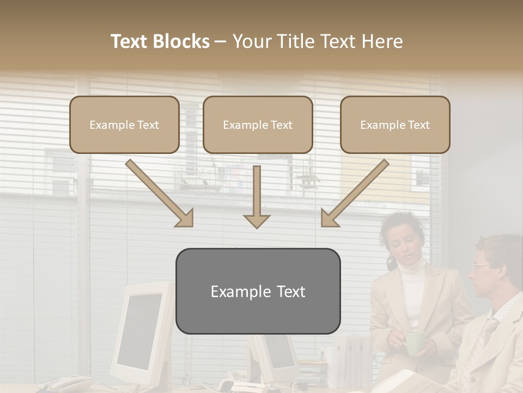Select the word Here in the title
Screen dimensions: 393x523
click(x=382, y=41)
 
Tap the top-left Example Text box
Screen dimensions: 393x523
click(x=124, y=124)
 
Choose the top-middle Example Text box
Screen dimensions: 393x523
click(x=258, y=124)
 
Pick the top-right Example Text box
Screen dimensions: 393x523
click(x=395, y=124)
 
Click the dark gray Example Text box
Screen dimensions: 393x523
click(x=258, y=291)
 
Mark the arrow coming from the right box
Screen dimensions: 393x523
click(x=355, y=192)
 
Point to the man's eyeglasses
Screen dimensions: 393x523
click(x=482, y=266)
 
